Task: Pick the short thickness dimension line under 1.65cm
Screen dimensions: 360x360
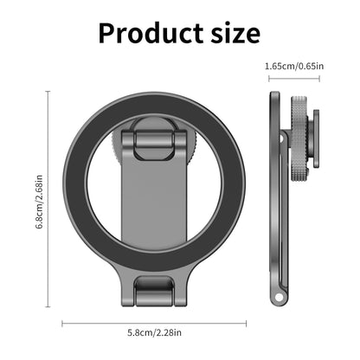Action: coord(293,79)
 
